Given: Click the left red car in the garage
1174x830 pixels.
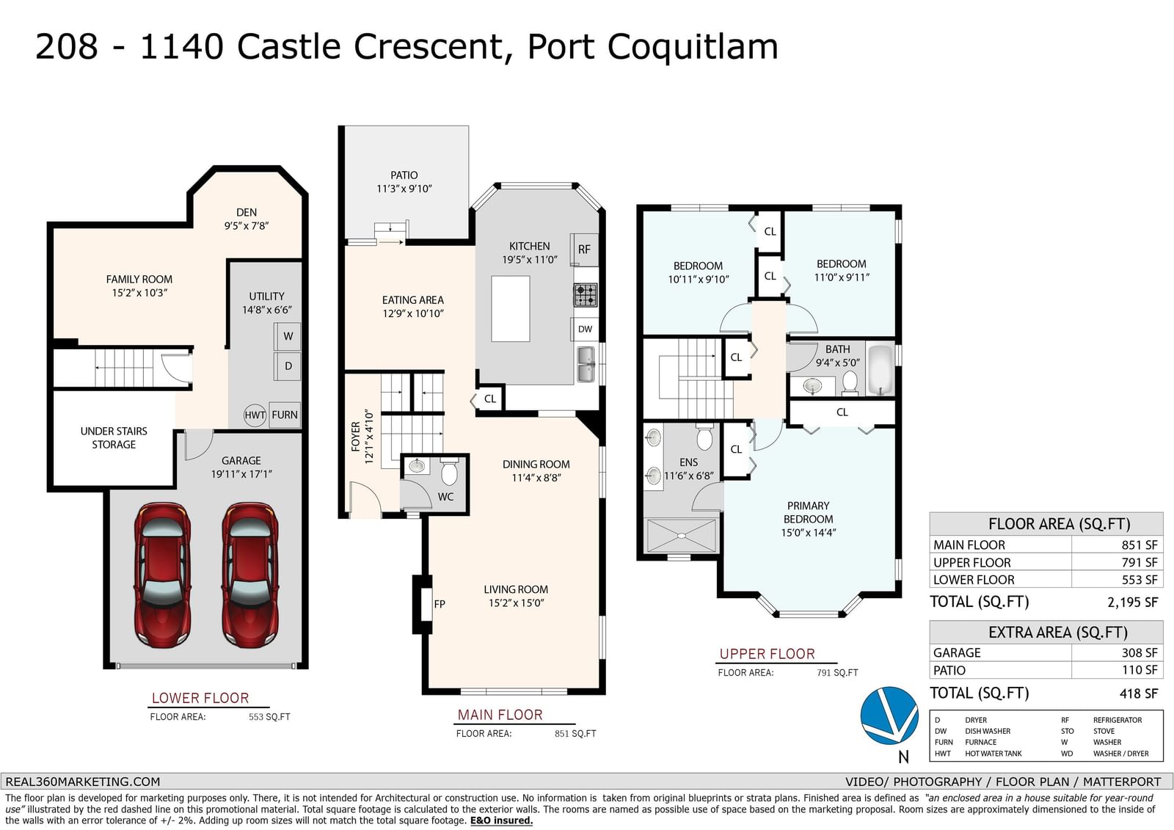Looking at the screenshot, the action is click(x=162, y=575).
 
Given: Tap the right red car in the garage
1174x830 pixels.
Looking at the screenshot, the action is click(x=250, y=575).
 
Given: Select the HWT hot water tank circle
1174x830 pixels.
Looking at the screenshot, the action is click(x=255, y=415).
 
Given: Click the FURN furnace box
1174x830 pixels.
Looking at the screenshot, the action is click(x=285, y=415).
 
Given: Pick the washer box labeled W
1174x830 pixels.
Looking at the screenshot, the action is click(x=287, y=336).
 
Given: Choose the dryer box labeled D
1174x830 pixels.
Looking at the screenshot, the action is click(x=287, y=366).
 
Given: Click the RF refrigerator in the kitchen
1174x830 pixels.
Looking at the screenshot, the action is click(x=584, y=250).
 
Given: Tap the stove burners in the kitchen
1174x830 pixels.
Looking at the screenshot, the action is click(x=586, y=295).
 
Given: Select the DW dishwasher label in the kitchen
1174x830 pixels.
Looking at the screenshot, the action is click(x=585, y=330).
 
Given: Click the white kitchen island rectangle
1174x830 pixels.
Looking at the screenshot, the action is click(x=511, y=309).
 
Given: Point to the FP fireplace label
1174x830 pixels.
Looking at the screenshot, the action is click(x=440, y=604).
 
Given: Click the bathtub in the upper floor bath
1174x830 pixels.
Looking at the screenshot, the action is click(x=880, y=370).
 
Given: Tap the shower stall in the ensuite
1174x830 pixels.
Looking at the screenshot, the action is click(x=681, y=535).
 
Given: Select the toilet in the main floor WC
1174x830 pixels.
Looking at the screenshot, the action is click(x=449, y=471).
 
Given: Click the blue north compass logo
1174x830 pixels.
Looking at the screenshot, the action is click(x=889, y=716).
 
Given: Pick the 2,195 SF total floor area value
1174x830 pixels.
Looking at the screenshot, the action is click(x=1132, y=603).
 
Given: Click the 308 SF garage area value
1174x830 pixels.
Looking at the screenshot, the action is click(x=1140, y=653).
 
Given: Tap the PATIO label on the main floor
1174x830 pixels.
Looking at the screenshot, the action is click(x=404, y=175).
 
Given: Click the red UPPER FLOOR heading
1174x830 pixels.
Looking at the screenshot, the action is click(x=768, y=654).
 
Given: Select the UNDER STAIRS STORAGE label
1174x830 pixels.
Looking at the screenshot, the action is click(x=114, y=438).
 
